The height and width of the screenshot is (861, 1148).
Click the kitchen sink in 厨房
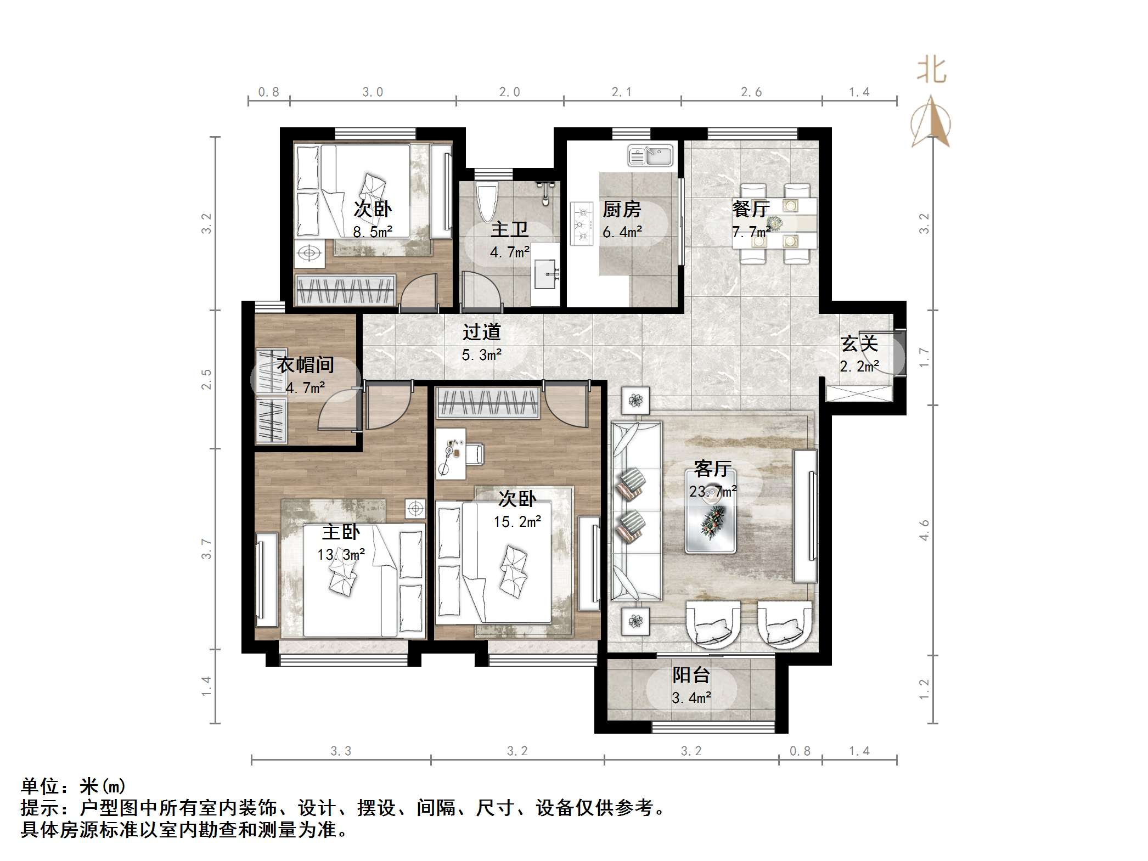650,156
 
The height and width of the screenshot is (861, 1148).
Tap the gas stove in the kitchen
582,224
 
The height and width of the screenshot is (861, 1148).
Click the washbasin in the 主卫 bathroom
545,273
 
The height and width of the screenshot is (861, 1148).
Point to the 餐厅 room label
751,209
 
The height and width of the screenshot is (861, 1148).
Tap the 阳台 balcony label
691,675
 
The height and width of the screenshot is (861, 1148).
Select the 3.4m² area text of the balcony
691,698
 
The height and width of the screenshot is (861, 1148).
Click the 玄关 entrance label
859,344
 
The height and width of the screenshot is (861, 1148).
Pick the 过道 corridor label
481,332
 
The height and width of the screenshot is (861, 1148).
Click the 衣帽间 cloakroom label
305,365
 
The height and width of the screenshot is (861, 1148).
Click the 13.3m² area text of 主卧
341,555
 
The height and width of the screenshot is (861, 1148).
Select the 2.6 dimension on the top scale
751,92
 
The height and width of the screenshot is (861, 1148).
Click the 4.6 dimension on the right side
925,530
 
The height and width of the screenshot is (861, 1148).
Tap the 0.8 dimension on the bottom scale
800,751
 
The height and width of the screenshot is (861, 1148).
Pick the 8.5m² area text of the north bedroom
373,232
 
